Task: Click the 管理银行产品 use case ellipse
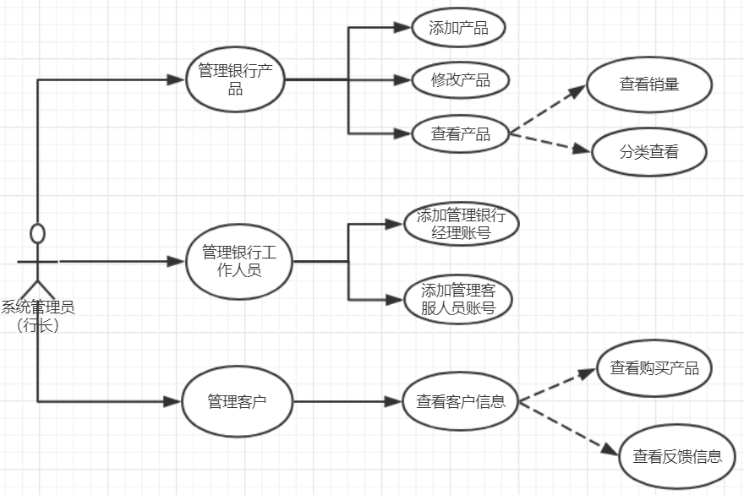(235, 80)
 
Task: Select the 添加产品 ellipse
(459, 28)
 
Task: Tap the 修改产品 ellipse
(461, 80)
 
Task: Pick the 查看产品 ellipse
(461, 133)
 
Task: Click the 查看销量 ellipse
(649, 84)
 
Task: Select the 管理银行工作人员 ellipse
(239, 261)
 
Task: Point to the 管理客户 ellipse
(238, 401)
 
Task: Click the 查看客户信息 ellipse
(461, 401)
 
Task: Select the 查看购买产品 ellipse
(654, 368)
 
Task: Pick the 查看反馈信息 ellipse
(677, 457)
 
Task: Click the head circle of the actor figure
(37, 233)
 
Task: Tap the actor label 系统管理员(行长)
(38, 315)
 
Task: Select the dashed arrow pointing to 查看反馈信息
(572, 430)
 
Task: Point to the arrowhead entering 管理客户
(174, 401)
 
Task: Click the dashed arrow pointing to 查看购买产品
(558, 385)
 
